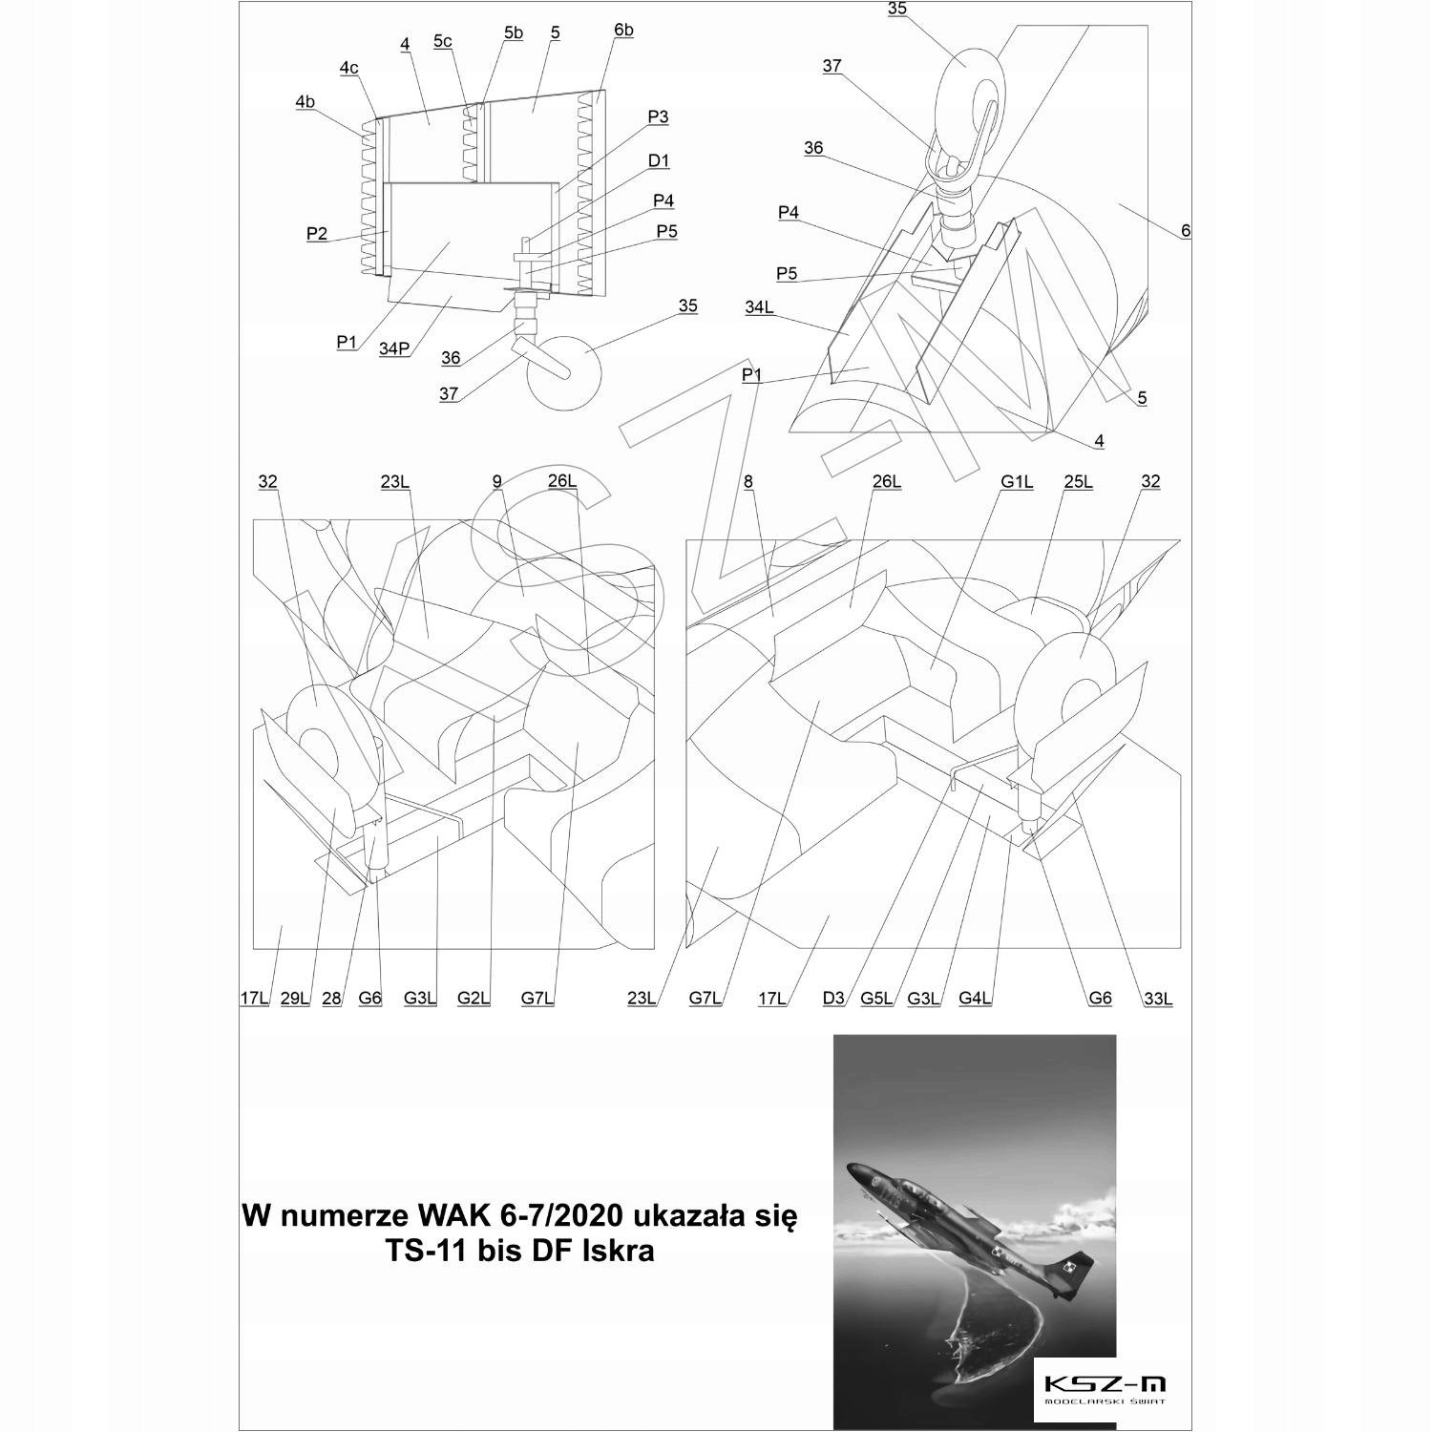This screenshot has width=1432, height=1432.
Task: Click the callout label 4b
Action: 305,101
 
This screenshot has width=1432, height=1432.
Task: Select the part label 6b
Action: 622,31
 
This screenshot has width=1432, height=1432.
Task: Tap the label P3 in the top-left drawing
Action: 658,116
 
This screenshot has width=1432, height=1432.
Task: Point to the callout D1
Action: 659,160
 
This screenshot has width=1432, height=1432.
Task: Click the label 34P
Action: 394,348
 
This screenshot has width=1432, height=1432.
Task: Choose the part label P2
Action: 317,234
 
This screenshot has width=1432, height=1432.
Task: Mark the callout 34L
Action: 760,306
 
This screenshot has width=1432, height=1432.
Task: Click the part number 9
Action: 496,482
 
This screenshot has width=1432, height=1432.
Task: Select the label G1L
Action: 1017,482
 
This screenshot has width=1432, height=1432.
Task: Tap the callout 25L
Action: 1078,482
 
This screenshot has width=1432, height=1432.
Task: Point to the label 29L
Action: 295,999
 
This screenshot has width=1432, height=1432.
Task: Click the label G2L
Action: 474,999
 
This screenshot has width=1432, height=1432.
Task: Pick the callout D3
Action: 833,999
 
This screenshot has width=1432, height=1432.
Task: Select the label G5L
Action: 876,999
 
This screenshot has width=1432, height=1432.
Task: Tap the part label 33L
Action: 1157,999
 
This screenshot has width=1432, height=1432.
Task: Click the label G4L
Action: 975,999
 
